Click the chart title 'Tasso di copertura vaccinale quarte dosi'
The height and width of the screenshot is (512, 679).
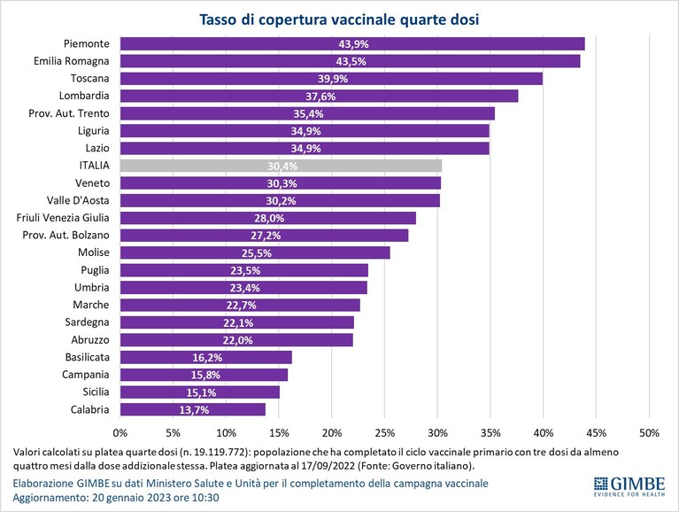tap(339, 19)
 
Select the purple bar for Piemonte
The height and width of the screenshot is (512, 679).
tap(352, 43)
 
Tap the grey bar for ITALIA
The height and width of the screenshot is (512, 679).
tap(281, 166)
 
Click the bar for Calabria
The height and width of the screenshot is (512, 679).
tap(193, 409)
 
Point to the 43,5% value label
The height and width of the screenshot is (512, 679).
tap(351, 61)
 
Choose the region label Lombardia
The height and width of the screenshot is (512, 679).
tap(84, 96)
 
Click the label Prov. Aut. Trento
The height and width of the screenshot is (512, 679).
tap(69, 113)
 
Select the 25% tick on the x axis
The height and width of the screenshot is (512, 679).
tap(385, 433)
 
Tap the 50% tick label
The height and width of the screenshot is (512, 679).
tap(649, 433)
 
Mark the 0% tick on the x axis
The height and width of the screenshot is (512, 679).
tap(120, 433)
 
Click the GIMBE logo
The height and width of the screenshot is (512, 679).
tap(629, 486)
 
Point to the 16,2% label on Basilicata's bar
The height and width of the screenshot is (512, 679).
tap(207, 358)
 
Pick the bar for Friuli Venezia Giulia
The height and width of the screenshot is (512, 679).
tap(268, 218)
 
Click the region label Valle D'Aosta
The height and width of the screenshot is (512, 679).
tap(78, 200)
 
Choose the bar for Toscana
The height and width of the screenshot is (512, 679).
tap(331, 79)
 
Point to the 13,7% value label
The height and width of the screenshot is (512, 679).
tap(194, 410)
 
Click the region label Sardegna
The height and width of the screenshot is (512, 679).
tap(87, 322)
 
